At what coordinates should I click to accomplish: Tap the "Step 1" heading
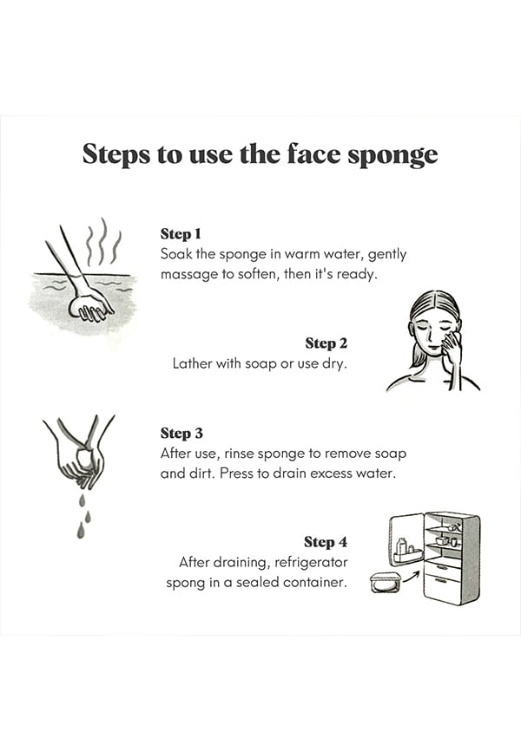coord(181,234)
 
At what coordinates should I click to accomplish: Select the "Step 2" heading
coord(326,343)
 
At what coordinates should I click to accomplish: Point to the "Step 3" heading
coord(181,434)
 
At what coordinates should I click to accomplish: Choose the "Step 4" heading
coord(326,542)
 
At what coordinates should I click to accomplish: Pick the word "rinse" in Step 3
coord(239,453)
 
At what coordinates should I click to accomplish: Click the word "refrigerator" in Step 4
coord(311,562)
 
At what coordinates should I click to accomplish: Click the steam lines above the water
coord(103,242)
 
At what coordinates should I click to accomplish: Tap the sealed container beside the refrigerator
coord(385,582)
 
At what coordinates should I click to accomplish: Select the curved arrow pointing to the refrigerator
coord(411,577)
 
